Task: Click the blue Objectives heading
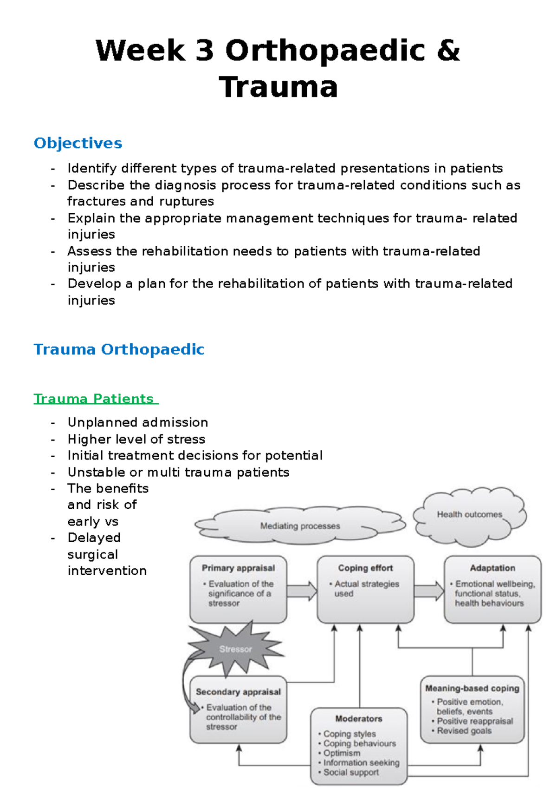[x=78, y=143]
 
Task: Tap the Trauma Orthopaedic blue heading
[x=119, y=349]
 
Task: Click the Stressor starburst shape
[x=235, y=649]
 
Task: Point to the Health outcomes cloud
[x=469, y=515]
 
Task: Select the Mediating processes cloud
[x=300, y=526]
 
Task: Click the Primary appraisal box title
[x=238, y=568]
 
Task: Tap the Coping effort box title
[x=365, y=568]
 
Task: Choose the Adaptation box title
[x=492, y=568]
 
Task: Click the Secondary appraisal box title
[x=238, y=692]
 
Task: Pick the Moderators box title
[x=359, y=719]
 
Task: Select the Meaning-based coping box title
[x=472, y=688]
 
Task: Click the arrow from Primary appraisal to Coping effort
[x=302, y=591]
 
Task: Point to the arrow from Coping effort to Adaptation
[x=429, y=591]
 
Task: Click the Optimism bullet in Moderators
[x=342, y=753]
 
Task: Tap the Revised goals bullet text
[x=464, y=731]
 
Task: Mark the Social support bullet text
[x=351, y=772]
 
